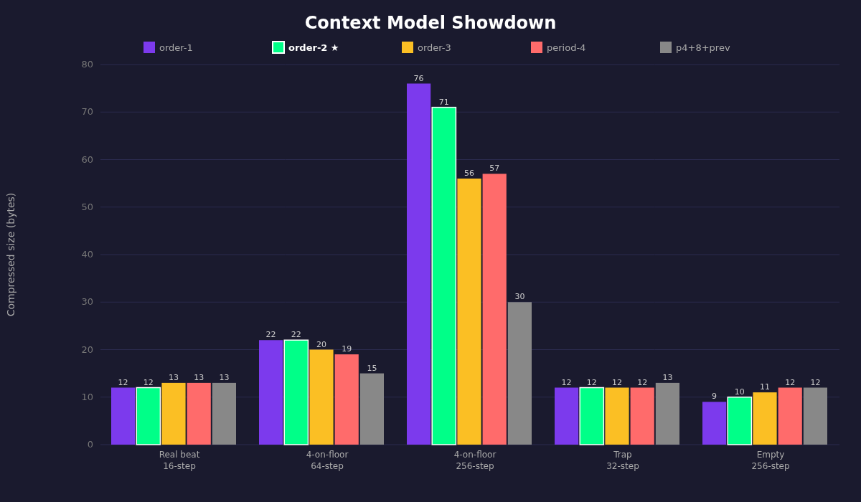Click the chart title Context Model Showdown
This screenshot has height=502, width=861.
[430, 24]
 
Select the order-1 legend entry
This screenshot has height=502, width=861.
[169, 48]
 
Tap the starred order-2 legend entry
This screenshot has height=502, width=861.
[306, 48]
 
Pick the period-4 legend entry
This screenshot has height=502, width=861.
[558, 48]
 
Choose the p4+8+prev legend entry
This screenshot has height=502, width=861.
[695, 48]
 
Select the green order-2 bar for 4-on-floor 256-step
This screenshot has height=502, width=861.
[444, 276]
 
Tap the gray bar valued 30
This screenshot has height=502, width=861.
[519, 373]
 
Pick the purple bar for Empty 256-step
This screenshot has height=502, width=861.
[714, 423]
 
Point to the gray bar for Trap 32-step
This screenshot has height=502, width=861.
[667, 414]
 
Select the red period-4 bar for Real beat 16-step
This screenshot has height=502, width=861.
[199, 414]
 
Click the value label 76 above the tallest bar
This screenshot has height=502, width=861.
[418, 79]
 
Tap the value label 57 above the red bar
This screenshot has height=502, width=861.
[494, 169]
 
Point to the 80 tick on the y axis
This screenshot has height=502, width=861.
[87, 65]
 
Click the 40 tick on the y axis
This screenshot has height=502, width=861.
[87, 255]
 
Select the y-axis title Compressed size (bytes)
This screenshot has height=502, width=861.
[11, 255]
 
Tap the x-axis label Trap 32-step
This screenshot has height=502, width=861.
[623, 460]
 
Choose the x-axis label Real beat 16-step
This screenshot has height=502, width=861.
[179, 460]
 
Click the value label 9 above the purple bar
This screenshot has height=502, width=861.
[714, 397]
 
